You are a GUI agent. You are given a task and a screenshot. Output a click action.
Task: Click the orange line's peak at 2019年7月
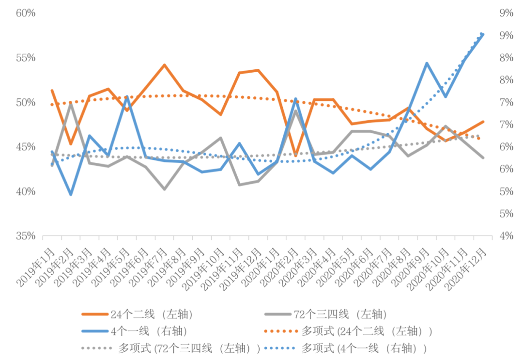click(x=164, y=65)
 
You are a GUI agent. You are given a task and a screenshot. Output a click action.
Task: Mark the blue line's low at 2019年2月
click(x=71, y=194)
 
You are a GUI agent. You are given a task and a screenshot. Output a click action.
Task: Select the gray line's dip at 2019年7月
click(x=164, y=189)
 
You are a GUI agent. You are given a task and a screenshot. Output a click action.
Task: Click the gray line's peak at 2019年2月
click(x=71, y=104)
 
